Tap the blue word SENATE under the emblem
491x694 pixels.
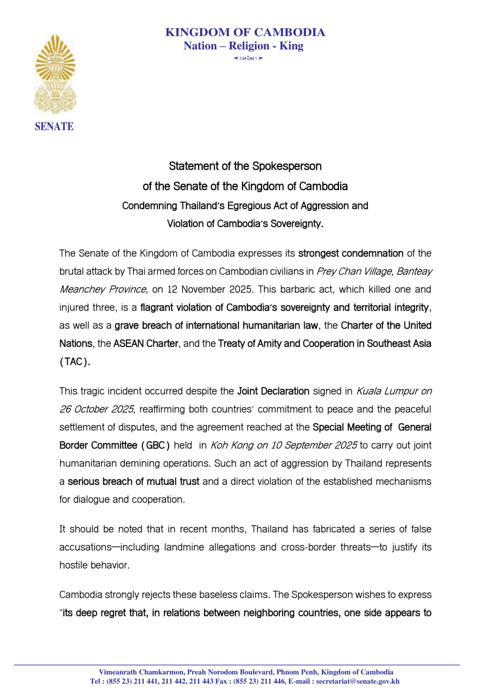coord(54,127)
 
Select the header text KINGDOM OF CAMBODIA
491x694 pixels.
coord(245,33)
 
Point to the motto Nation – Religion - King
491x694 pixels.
coord(244,46)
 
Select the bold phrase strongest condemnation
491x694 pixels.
coord(350,253)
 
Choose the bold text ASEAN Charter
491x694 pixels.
coord(145,344)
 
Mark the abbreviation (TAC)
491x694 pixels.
coord(74,362)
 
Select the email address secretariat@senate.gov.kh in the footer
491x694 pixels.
coord(358,682)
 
